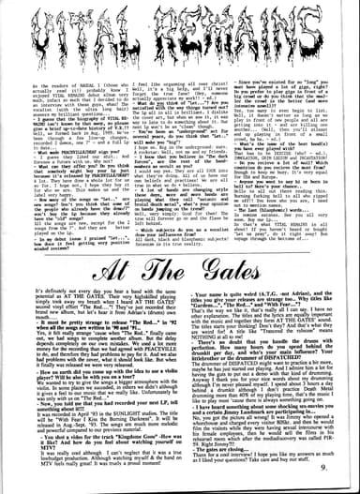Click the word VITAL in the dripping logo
pos(89,34)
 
